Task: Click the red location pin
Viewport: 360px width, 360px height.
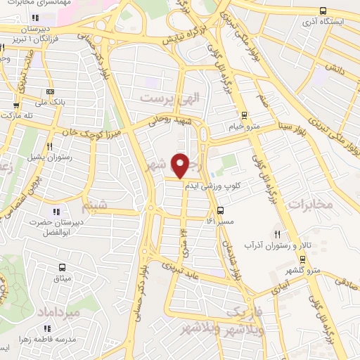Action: tap(180, 165)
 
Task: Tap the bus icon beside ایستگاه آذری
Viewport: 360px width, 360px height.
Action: tap(322, 11)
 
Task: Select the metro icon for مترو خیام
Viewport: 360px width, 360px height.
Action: tap(245, 115)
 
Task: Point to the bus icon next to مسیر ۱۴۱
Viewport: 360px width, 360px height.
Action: tap(221, 210)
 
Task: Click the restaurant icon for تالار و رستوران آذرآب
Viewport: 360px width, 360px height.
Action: tap(278, 234)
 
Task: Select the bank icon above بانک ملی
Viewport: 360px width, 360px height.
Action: tap(50, 91)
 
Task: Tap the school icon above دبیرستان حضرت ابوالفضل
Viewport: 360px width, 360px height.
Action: tap(56, 211)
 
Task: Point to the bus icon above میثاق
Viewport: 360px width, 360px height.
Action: tap(62, 267)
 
